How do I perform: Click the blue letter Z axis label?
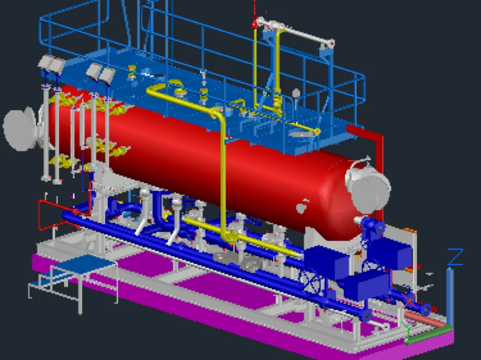pyautogui.click(x=455, y=257)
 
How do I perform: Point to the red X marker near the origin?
pyautogui.click(x=409, y=302)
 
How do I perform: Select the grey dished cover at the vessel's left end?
pyautogui.click(x=20, y=129)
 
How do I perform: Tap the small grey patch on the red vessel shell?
pyautogui.click(x=302, y=207)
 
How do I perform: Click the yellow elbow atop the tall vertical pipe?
pyautogui.click(x=218, y=114)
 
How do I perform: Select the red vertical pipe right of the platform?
pyautogui.click(x=380, y=159)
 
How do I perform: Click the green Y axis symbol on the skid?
pyautogui.click(x=408, y=329)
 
